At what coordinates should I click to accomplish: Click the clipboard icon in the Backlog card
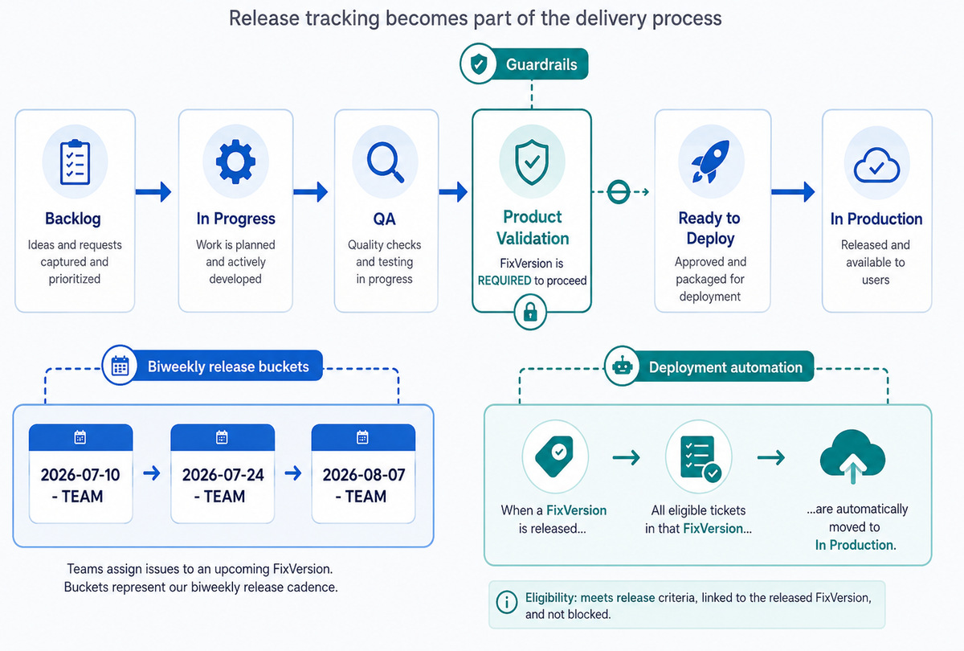[x=76, y=162]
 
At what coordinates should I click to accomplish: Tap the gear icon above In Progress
[x=235, y=162]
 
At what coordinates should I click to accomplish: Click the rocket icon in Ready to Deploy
[x=710, y=162]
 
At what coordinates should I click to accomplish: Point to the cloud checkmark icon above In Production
[x=876, y=165]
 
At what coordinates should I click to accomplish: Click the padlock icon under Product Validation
[x=530, y=312]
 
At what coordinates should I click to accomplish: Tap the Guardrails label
[x=541, y=64]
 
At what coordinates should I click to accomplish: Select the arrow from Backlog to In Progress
[x=153, y=191]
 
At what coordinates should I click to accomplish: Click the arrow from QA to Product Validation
[x=453, y=191]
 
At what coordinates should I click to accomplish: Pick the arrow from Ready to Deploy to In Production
[x=793, y=191]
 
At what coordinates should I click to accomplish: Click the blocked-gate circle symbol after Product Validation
[x=619, y=191]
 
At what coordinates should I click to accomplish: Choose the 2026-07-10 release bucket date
[x=80, y=475]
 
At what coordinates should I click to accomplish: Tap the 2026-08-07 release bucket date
[x=364, y=475]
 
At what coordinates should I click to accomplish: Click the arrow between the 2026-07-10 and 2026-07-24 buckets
[x=152, y=473]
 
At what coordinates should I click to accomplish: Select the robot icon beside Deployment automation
[x=623, y=366]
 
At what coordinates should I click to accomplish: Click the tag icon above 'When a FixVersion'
[x=554, y=457]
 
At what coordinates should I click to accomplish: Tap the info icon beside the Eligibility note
[x=507, y=602]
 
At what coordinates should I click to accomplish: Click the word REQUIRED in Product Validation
[x=504, y=280]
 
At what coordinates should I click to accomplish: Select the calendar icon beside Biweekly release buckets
[x=120, y=366]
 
